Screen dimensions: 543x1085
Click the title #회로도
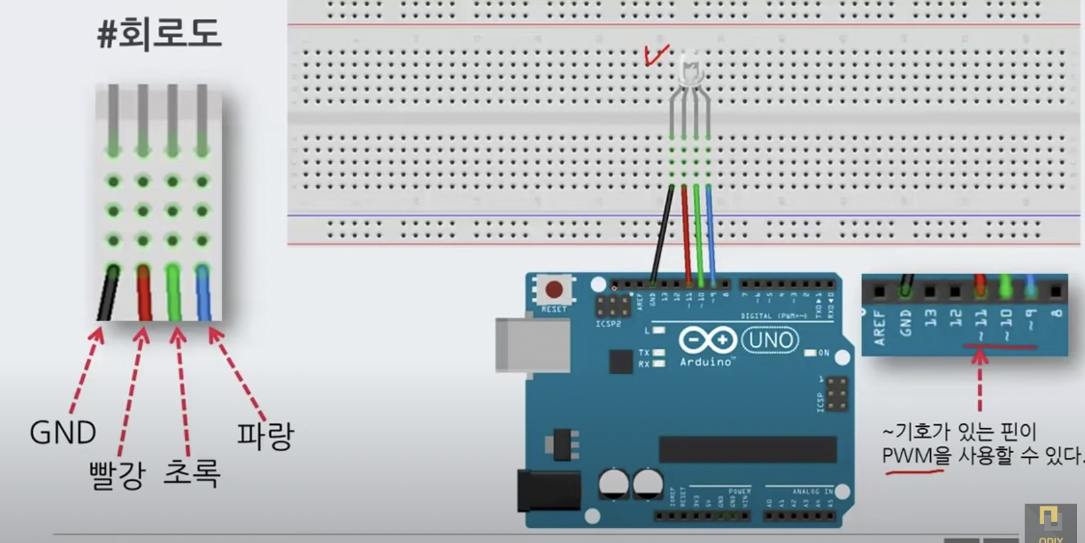(x=159, y=34)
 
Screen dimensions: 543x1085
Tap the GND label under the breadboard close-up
(x=63, y=433)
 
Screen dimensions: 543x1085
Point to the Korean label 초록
(x=192, y=473)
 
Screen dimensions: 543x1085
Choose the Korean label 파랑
(x=265, y=435)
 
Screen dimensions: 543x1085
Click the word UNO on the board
(x=770, y=340)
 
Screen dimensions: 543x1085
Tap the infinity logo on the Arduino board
(x=707, y=340)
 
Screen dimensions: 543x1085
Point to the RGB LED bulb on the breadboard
(x=690, y=68)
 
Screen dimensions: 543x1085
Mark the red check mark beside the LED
(x=657, y=55)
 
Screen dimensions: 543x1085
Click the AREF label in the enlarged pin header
(x=879, y=327)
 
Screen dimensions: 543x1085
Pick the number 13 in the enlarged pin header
(x=930, y=319)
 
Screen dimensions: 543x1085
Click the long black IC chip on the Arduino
(x=748, y=450)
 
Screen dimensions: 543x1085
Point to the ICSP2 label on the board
(x=608, y=323)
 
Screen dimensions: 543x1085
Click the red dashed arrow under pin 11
(x=979, y=380)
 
